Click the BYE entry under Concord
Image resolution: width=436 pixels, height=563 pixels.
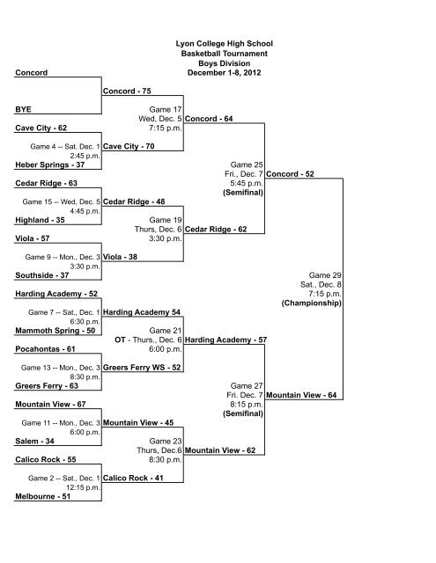(x=23, y=109)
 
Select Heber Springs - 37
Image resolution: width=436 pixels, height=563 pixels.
(x=50, y=165)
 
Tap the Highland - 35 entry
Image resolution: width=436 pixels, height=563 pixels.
(x=40, y=220)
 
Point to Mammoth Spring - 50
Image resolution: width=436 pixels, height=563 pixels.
(x=55, y=331)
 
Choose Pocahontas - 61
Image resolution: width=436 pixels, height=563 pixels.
(x=45, y=349)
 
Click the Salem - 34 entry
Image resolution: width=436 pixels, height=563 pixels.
(x=35, y=442)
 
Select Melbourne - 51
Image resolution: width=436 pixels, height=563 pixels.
(x=43, y=496)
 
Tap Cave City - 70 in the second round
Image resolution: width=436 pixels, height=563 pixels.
(x=129, y=147)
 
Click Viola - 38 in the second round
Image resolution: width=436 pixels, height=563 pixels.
(x=120, y=257)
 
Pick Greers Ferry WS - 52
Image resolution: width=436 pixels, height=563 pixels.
(x=142, y=368)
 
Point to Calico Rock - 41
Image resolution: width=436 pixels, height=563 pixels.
(x=133, y=479)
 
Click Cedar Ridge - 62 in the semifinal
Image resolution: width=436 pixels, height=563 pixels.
(x=216, y=230)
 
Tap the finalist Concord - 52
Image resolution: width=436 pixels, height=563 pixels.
(x=290, y=174)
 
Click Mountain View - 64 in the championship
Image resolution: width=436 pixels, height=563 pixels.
(x=301, y=395)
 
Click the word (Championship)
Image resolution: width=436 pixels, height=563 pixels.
(x=312, y=303)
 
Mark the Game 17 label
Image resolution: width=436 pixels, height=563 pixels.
(x=166, y=109)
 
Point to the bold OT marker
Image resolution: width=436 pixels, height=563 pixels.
(x=120, y=340)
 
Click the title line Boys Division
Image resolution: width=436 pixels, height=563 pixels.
(x=225, y=63)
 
